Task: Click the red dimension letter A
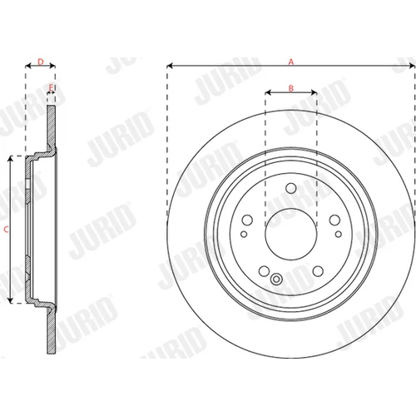(x=291, y=62)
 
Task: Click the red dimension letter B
(x=291, y=88)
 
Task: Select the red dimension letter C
(x=6, y=230)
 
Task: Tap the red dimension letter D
(x=41, y=62)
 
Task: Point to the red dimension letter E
(x=51, y=88)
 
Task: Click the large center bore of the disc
(x=291, y=235)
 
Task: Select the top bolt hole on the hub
(x=291, y=188)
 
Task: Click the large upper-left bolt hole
(x=247, y=220)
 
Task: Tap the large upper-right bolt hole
(x=334, y=220)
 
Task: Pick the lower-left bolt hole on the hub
(x=264, y=271)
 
